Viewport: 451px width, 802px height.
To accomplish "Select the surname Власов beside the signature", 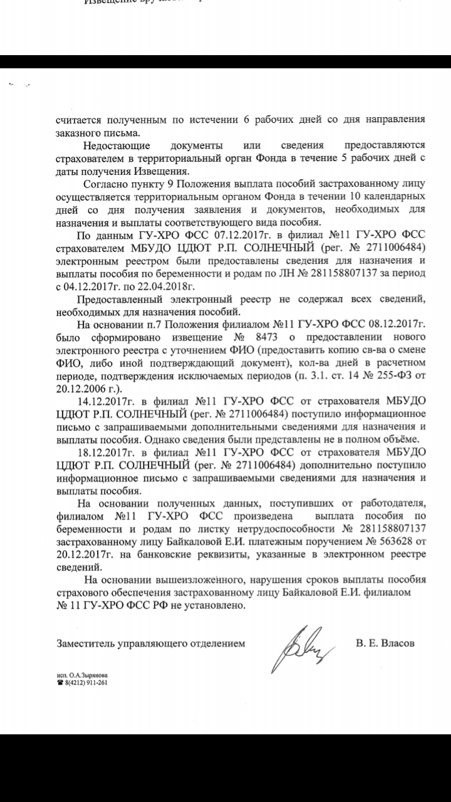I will click(x=397, y=643).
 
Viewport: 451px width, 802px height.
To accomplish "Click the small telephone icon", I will click(x=60, y=683).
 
